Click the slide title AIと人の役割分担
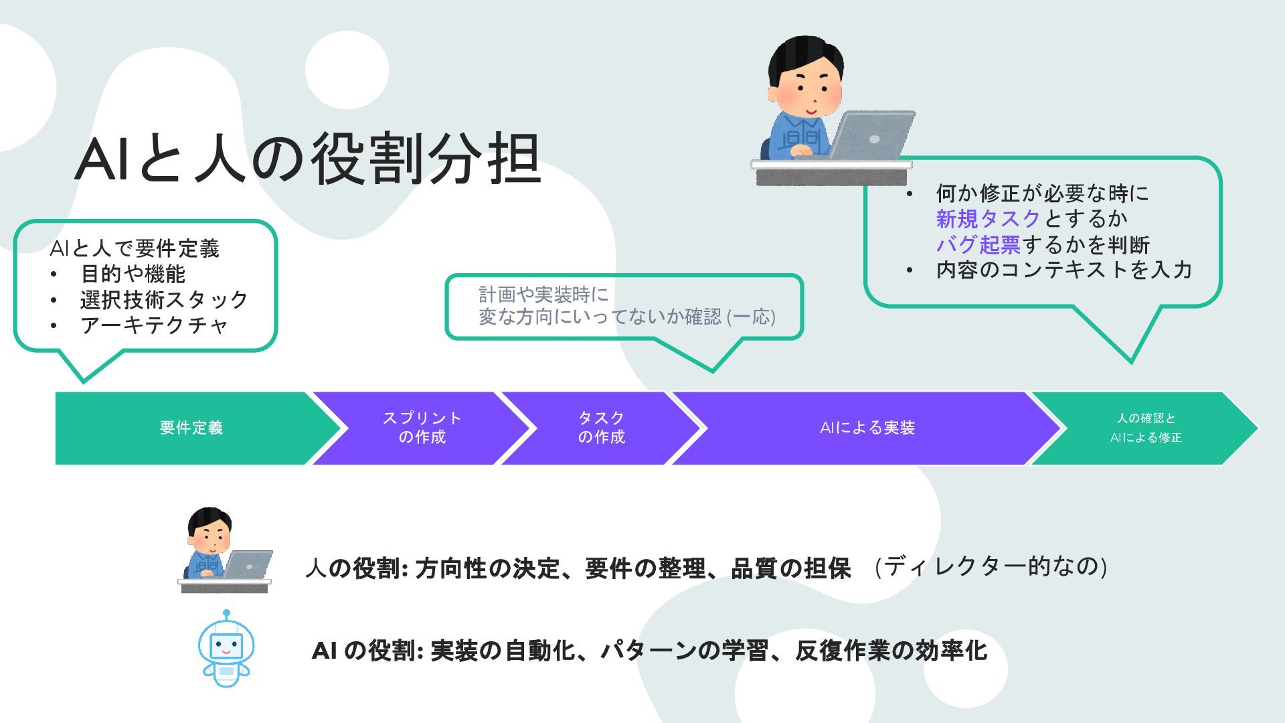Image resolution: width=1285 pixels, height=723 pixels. point(308,159)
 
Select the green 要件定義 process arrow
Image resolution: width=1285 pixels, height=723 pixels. point(191,428)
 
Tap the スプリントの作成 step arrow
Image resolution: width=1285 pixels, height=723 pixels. point(422,428)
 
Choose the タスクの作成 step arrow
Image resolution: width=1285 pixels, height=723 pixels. point(601,428)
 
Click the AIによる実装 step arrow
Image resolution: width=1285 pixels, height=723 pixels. point(867,428)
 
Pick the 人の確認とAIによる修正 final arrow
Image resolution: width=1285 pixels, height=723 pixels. point(1145,428)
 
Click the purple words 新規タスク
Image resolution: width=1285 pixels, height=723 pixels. point(988,219)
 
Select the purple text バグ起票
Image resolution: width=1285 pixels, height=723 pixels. point(978,245)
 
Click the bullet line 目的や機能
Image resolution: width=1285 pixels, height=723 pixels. point(133,274)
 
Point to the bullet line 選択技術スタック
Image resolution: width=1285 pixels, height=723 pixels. point(164,299)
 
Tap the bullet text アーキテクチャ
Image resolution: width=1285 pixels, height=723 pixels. point(154,325)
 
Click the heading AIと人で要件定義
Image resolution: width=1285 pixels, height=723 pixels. point(135,248)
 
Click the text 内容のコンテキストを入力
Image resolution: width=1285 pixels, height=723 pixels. point(1063,270)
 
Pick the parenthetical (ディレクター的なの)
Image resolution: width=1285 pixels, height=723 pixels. point(991,566)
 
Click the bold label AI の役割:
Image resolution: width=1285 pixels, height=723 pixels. point(367,650)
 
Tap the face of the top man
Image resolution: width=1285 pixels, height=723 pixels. point(810,90)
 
